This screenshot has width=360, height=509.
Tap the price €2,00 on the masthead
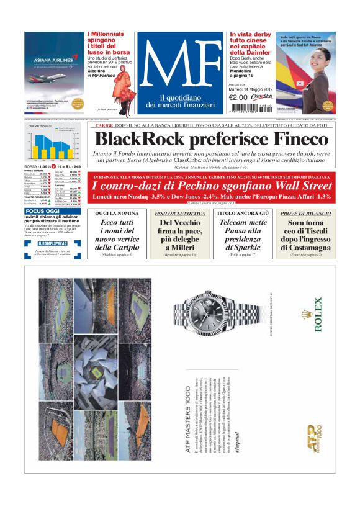(238, 97)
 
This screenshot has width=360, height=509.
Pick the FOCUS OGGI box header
(43, 211)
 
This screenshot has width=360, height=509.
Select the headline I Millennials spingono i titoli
(109, 44)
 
